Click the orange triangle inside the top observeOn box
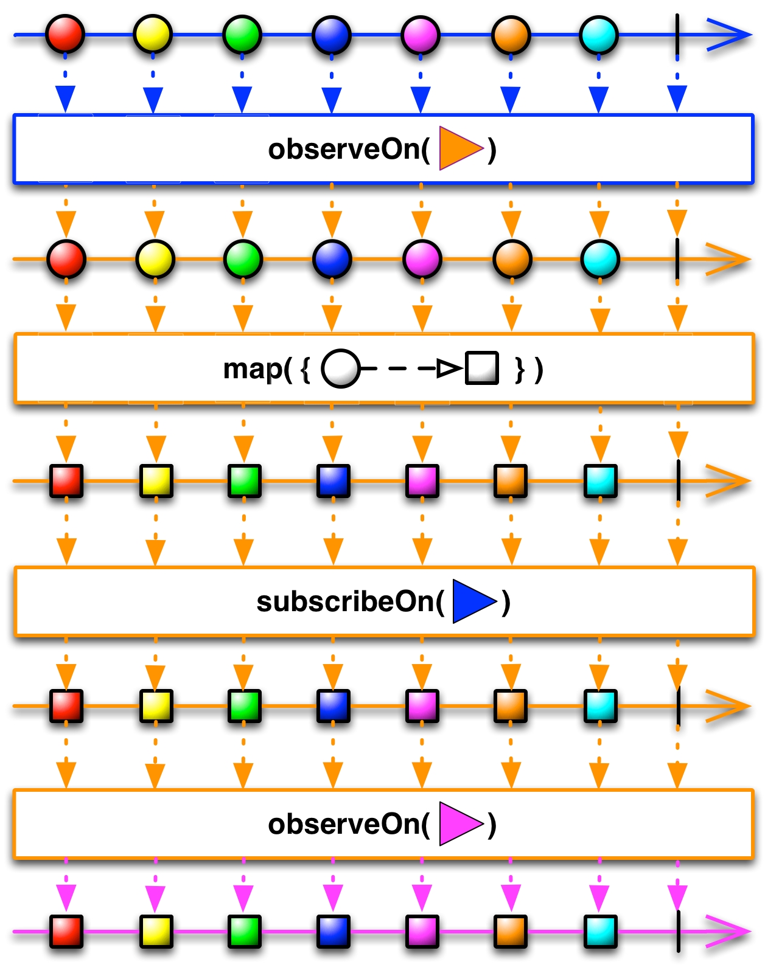click(x=458, y=148)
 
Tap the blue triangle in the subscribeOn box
click(x=472, y=601)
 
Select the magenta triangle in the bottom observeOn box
click(x=458, y=824)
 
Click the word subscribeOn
click(x=349, y=601)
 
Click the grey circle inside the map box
click(x=340, y=369)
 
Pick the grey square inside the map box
click(x=482, y=368)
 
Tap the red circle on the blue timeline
click(x=65, y=35)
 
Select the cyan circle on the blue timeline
click(x=599, y=35)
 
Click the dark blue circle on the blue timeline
click(x=331, y=35)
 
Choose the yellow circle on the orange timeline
click(x=155, y=259)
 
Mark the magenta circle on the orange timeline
click(x=422, y=259)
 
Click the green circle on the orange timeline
click(x=243, y=259)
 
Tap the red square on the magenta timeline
click(x=66, y=931)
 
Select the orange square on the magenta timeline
click(x=511, y=931)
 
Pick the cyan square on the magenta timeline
click(x=600, y=931)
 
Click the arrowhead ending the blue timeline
click(x=730, y=35)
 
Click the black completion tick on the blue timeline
click(x=677, y=36)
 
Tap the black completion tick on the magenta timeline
click(x=678, y=931)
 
